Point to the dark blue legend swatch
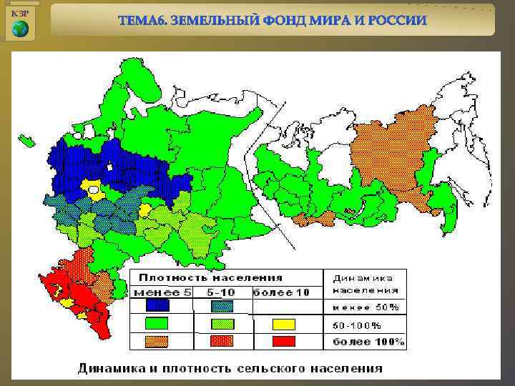(x=157, y=305)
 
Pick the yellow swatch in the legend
(x=283, y=324)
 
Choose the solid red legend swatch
(x=283, y=341)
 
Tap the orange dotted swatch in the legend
(x=157, y=341)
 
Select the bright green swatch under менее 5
(x=157, y=323)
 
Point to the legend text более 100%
(x=367, y=342)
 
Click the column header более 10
(x=281, y=292)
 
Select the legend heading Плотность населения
(x=210, y=277)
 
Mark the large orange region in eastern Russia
(x=390, y=150)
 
